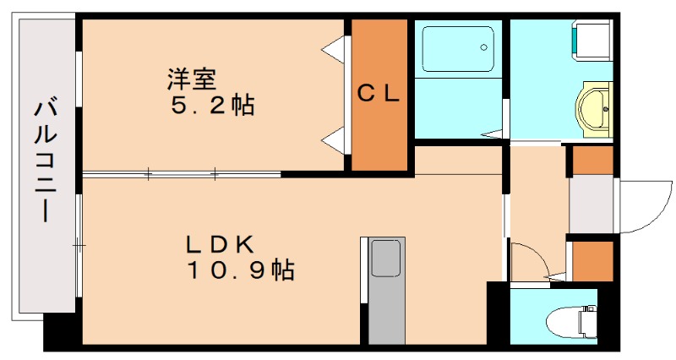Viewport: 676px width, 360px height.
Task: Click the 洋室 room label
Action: tap(192, 80)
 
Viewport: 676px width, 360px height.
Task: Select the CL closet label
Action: tap(378, 94)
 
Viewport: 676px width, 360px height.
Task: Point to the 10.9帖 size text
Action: tap(240, 270)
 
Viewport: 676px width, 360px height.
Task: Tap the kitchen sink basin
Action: tap(387, 258)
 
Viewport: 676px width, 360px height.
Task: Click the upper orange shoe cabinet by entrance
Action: tap(592, 161)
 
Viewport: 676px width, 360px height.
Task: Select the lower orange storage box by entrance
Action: tap(592, 261)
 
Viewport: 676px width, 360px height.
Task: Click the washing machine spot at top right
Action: tap(591, 39)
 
